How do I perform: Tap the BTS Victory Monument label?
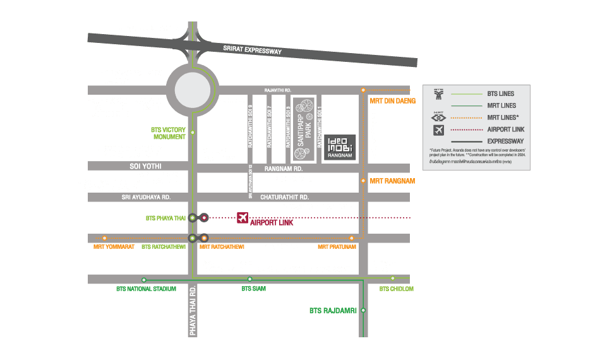click(x=169, y=133)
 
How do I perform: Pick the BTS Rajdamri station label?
click(x=333, y=311)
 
